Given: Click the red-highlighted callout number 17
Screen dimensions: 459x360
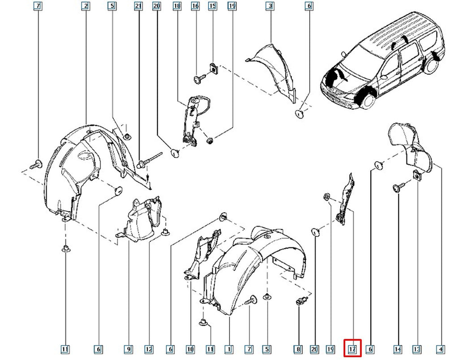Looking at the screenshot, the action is click(x=352, y=349).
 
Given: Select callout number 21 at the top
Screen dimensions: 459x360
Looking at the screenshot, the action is click(x=139, y=6).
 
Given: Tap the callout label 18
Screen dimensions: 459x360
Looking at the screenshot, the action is click(x=177, y=6).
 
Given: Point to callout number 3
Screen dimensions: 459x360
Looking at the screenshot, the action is click(x=270, y=6).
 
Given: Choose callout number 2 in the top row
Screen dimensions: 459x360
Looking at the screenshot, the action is click(x=86, y=6).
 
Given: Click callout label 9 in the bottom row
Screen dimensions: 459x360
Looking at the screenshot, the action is click(x=128, y=349).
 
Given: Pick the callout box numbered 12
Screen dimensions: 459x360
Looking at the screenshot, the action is click(x=149, y=349).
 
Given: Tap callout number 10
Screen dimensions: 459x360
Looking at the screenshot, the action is click(x=190, y=349).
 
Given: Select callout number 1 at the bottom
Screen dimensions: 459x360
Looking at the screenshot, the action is click(x=229, y=349).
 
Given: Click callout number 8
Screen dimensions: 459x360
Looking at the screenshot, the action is click(x=298, y=349).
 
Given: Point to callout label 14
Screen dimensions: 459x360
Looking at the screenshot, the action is click(x=397, y=349).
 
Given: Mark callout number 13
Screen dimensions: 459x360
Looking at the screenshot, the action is click(x=416, y=349).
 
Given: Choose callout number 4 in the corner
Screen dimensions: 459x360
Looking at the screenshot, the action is click(x=440, y=349).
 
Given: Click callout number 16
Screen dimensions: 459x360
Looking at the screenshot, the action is click(x=195, y=6).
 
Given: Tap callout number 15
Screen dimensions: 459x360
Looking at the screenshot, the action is click(x=213, y=6).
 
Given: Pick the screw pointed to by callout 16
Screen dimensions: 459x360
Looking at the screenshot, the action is click(x=199, y=79).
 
